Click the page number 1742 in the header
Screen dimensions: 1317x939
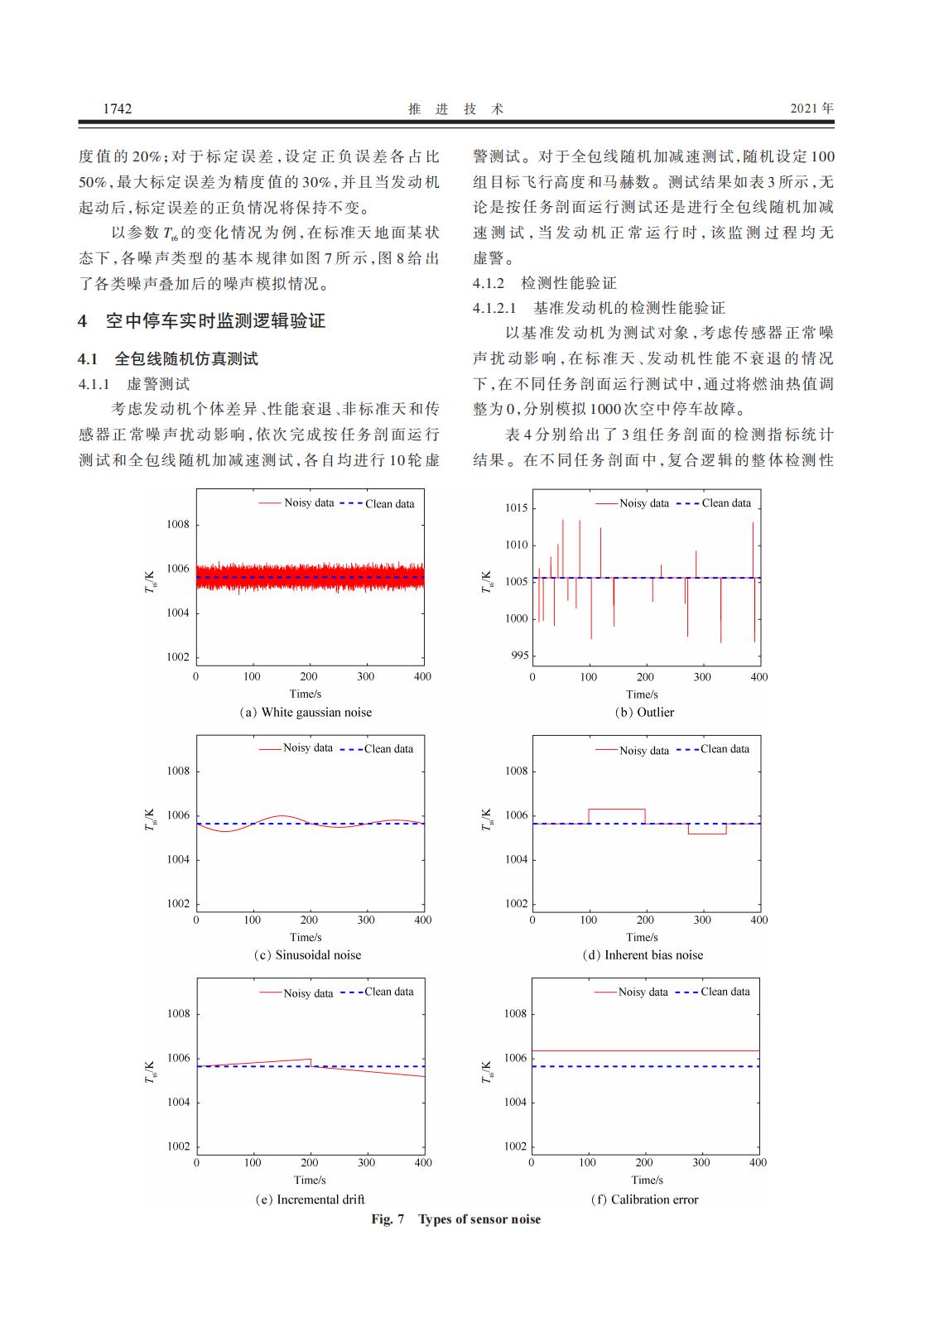click(x=118, y=108)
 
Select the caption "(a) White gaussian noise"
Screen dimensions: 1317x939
click(x=306, y=712)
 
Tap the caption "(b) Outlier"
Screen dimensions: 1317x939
click(x=644, y=712)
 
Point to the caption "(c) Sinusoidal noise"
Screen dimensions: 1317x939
click(x=307, y=954)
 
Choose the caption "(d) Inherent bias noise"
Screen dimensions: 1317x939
click(x=643, y=954)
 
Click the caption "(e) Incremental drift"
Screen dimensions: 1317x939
click(x=310, y=1199)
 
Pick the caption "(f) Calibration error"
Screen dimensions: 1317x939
click(x=644, y=1199)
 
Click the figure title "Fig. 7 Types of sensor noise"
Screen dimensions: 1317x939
click(x=455, y=1219)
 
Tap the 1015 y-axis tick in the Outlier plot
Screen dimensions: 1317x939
click(x=517, y=507)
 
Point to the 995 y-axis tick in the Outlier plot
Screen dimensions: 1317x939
click(x=518, y=656)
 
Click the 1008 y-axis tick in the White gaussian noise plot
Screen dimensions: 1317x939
click(x=178, y=524)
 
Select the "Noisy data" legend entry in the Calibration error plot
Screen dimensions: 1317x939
click(x=643, y=992)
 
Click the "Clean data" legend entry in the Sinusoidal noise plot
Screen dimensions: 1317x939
click(x=388, y=748)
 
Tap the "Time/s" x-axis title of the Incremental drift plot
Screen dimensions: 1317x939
click(x=310, y=1180)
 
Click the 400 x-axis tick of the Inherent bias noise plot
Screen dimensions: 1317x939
click(x=758, y=920)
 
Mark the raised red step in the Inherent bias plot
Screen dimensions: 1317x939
click(x=617, y=809)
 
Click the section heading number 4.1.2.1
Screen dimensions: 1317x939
click(x=494, y=308)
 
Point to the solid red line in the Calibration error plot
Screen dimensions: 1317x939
click(x=646, y=1050)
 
